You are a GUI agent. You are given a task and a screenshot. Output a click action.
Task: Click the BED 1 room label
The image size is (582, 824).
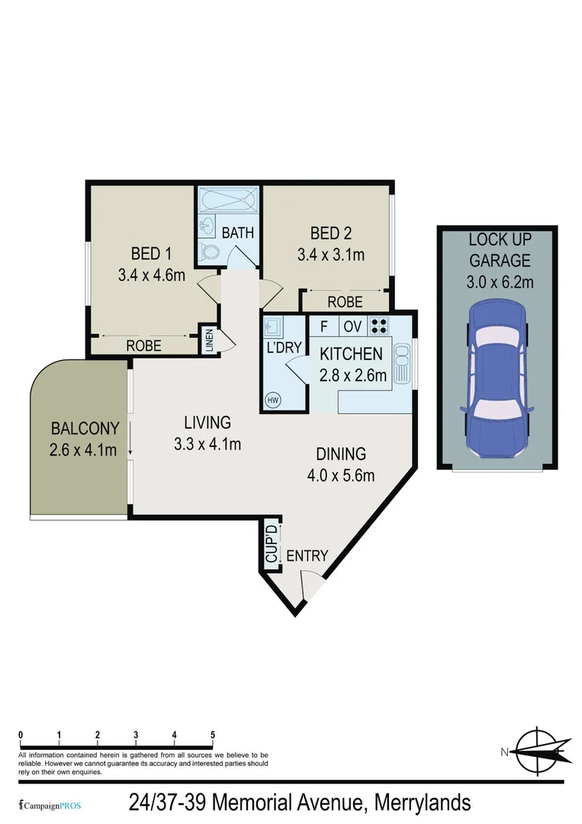(146, 253)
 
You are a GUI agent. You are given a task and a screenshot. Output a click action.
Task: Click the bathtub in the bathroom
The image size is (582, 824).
(227, 201)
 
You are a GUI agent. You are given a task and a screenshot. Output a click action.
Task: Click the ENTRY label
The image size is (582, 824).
(307, 556)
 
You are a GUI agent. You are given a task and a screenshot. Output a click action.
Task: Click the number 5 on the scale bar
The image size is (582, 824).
(213, 735)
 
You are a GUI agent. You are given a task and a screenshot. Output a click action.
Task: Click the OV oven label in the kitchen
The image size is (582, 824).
(352, 326)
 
